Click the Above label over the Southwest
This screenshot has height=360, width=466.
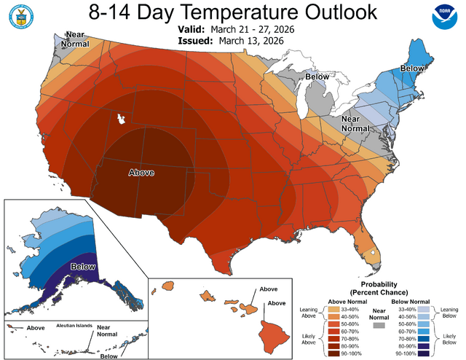142,173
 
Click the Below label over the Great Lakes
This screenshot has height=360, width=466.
317,76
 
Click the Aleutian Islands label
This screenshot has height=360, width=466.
73,326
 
